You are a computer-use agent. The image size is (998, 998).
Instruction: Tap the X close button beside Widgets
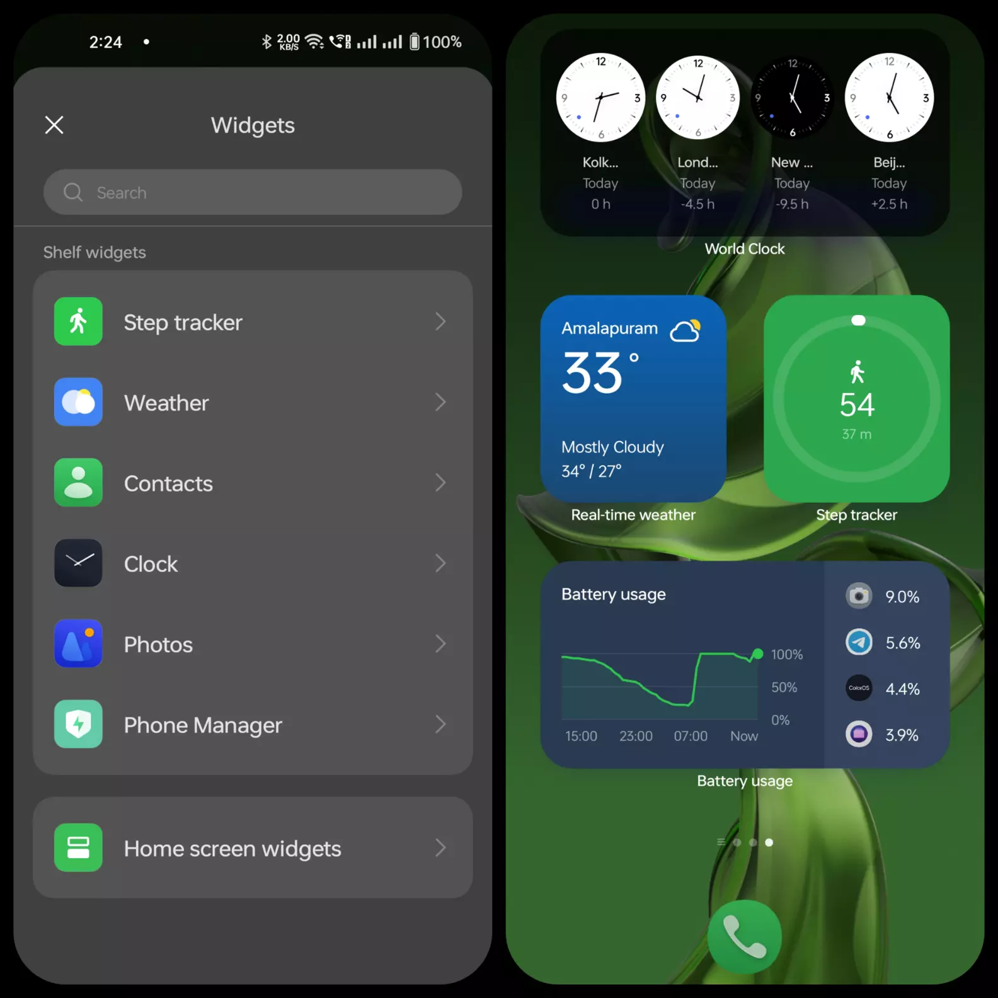pyautogui.click(x=54, y=125)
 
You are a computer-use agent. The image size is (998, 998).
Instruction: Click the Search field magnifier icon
pyautogui.click(x=73, y=192)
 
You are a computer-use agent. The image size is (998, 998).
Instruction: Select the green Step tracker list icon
pyautogui.click(x=78, y=321)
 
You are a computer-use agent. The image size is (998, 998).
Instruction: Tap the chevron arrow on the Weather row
pyautogui.click(x=440, y=402)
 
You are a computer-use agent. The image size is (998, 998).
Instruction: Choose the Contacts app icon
pyautogui.click(x=78, y=483)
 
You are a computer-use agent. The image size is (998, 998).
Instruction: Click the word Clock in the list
pyautogui.click(x=151, y=564)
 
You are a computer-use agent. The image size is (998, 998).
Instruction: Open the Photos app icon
pyautogui.click(x=78, y=643)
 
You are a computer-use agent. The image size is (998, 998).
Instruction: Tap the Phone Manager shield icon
pyautogui.click(x=78, y=724)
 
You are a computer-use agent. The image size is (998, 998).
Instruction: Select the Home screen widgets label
pyautogui.click(x=232, y=849)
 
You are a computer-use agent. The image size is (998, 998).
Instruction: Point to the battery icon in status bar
pyautogui.click(x=414, y=42)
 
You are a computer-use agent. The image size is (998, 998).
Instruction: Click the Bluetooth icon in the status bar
pyautogui.click(x=267, y=42)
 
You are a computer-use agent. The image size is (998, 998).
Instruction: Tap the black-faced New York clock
pyautogui.click(x=792, y=98)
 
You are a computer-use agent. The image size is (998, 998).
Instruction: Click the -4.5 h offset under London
pyautogui.click(x=697, y=204)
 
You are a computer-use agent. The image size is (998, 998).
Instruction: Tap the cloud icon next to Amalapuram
pyautogui.click(x=685, y=330)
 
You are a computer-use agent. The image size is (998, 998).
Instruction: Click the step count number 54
pyautogui.click(x=857, y=404)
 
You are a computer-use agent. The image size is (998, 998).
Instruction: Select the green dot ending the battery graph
pyautogui.click(x=758, y=654)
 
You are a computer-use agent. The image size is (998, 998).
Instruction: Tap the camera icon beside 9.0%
pyautogui.click(x=859, y=596)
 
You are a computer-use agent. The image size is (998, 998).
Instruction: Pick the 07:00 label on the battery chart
pyautogui.click(x=691, y=736)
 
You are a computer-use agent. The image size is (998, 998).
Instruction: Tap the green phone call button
pyautogui.click(x=744, y=937)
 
